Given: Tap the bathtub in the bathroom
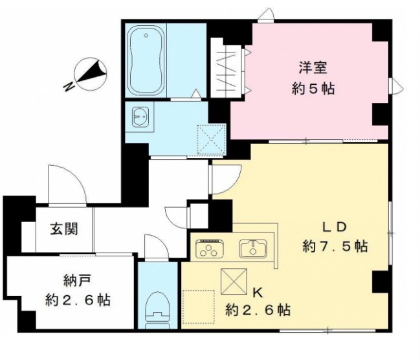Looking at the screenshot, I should pyautogui.click(x=145, y=61).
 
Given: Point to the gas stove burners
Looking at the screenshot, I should pyautogui.click(x=210, y=249).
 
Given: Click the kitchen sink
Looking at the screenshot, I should pyautogui.click(x=253, y=248).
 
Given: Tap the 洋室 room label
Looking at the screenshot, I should pyautogui.click(x=312, y=67).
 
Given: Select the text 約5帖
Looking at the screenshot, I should pyautogui.click(x=313, y=89).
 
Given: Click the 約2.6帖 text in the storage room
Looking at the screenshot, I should pyautogui.click(x=78, y=300).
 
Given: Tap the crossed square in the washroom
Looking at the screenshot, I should pyautogui.click(x=210, y=135).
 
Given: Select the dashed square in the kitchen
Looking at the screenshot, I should pyautogui.click(x=199, y=304).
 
